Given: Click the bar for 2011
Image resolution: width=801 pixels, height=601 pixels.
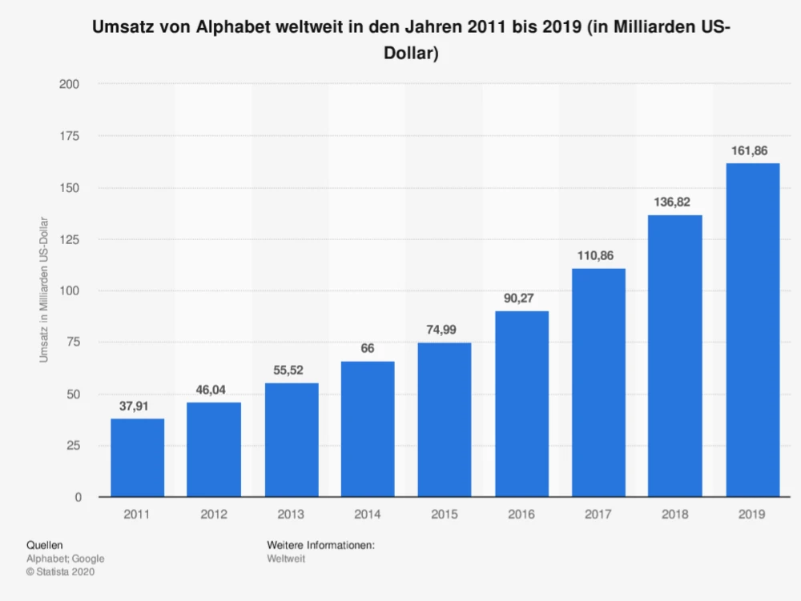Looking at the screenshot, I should (x=138, y=457).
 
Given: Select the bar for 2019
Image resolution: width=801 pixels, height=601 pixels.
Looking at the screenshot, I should (x=752, y=330).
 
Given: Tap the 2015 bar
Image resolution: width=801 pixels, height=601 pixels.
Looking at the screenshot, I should (x=445, y=419).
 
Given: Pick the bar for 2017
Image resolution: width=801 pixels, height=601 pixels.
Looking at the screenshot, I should (x=598, y=382).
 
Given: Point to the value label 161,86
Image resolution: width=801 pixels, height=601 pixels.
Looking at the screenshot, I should (x=752, y=150).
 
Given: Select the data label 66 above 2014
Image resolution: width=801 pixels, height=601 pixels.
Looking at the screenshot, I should (x=368, y=349).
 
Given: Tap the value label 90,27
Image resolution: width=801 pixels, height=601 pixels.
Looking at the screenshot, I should (x=521, y=298).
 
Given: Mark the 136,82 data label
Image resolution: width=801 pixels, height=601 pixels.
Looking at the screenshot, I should (x=675, y=202).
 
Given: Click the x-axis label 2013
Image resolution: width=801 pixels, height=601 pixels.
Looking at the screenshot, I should (x=292, y=515).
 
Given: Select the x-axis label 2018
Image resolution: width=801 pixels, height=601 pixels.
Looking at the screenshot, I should (x=675, y=515).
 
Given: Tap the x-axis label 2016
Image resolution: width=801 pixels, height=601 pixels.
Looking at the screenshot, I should (x=521, y=515).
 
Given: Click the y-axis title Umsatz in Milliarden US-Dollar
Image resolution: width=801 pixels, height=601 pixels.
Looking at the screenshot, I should (x=45, y=290).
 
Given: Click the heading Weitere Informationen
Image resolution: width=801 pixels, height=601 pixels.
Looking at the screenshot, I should (x=321, y=545).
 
